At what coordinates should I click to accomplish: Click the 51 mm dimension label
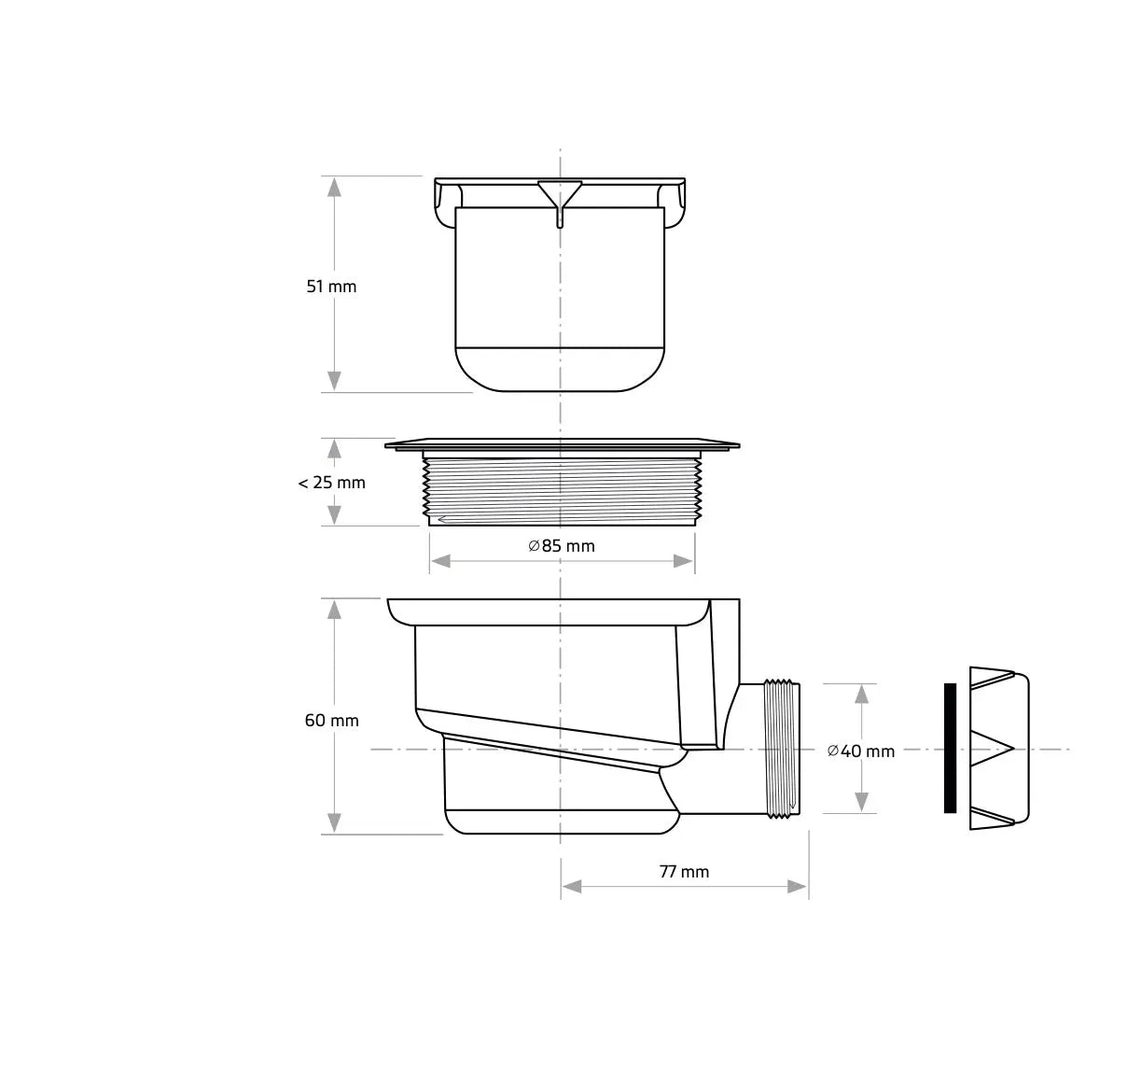tap(331, 287)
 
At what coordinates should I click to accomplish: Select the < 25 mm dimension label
tap(331, 483)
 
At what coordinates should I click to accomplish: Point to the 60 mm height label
tap(331, 721)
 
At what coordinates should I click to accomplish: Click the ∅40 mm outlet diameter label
tap(860, 751)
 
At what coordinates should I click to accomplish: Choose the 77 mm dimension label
tap(684, 872)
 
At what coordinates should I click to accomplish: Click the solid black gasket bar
tap(950, 748)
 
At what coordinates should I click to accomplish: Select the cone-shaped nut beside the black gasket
tap(999, 748)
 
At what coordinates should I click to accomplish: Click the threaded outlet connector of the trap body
tap(782, 750)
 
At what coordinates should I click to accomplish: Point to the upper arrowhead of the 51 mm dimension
tap(334, 186)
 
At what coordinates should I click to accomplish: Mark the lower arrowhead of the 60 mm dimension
tap(334, 823)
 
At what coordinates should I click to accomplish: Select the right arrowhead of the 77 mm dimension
tap(798, 887)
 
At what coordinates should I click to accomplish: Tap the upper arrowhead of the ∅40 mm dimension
tap(862, 694)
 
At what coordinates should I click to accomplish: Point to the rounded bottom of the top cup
tap(560, 370)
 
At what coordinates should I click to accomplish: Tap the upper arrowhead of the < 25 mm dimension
tap(334, 448)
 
